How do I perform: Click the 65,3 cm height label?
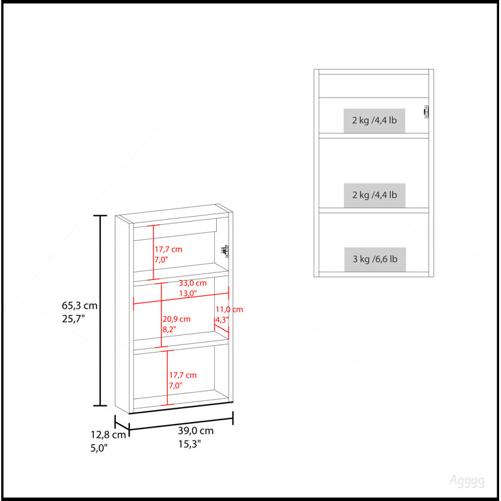[80, 306]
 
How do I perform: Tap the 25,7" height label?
[73, 319]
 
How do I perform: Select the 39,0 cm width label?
[195, 431]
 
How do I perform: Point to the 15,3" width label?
[190, 444]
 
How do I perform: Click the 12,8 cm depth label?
[108, 435]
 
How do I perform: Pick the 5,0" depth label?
[99, 448]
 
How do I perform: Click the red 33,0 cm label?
[193, 283]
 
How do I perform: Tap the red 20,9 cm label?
[177, 319]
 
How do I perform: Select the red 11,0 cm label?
[229, 309]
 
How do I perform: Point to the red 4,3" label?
[222, 319]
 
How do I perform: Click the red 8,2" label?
[169, 329]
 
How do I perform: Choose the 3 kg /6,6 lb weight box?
[374, 259]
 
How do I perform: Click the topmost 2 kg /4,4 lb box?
[374, 120]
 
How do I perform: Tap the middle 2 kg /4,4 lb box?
[374, 195]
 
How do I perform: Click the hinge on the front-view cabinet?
[426, 112]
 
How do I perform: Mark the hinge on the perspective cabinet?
[225, 251]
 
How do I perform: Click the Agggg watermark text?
[467, 480]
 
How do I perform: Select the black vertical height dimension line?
[100, 311]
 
